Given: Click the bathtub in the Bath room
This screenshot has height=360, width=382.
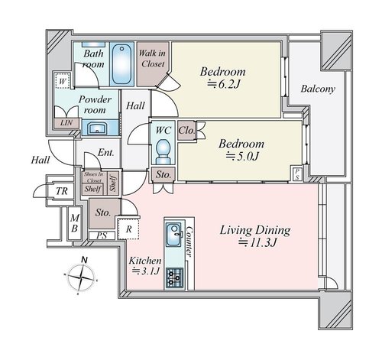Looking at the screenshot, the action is [x=121, y=64].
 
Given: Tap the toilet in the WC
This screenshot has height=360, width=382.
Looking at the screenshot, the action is [x=163, y=151].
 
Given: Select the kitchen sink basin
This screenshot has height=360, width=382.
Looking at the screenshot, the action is [x=174, y=235].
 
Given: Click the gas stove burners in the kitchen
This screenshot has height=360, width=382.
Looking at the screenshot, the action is [x=174, y=277].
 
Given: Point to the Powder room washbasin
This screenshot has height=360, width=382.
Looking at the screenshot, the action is [x=97, y=128].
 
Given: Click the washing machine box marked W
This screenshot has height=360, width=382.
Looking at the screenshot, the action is [x=63, y=82].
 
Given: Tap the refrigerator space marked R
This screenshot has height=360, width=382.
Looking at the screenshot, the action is [x=129, y=229].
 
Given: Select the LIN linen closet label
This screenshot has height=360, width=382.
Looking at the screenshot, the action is [x=66, y=123].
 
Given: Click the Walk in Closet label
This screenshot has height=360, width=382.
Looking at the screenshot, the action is [x=153, y=59].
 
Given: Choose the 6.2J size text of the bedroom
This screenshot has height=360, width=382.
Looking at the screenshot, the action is [x=224, y=84].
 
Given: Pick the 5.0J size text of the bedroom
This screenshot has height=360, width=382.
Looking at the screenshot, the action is [x=242, y=156].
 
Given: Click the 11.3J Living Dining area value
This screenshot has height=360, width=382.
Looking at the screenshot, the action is [x=257, y=242].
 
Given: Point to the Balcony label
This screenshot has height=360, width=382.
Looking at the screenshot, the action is [x=318, y=89].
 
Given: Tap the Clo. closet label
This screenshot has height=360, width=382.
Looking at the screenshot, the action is [x=186, y=131].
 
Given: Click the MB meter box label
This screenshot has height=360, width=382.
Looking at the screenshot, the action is [x=74, y=223].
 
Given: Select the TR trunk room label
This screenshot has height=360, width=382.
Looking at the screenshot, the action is [x=62, y=191].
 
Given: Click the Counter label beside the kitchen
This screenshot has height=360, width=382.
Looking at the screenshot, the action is [x=189, y=242].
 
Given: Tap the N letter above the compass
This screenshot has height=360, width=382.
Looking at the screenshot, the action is [x=84, y=261].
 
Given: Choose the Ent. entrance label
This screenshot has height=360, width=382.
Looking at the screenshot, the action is [x=106, y=153].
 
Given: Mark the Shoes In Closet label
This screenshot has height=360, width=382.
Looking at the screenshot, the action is [x=94, y=177].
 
